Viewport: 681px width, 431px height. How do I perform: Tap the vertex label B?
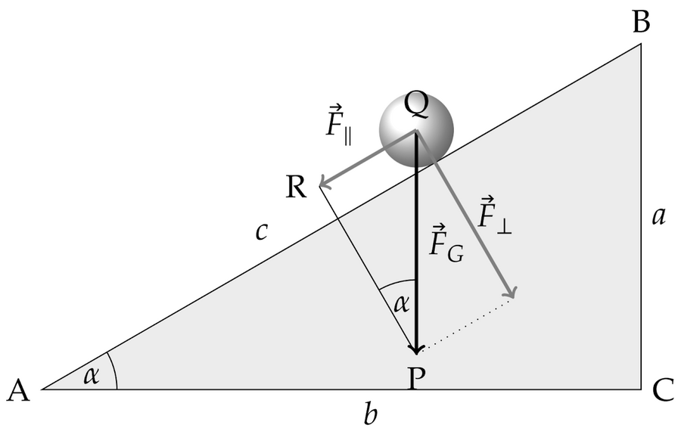pos(641,23)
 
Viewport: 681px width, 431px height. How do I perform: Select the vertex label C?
pos(662,390)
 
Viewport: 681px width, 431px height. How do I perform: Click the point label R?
pos(296,186)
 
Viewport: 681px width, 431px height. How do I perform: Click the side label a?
pos(658,218)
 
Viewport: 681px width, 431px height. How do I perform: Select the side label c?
pos(261,231)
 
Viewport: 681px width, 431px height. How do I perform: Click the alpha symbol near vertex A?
pos(92,376)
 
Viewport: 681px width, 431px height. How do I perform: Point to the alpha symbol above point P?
pos(400,304)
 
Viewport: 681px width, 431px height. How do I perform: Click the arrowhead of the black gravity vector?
pos(416,348)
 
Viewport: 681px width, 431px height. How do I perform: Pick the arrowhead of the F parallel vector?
pos(324,182)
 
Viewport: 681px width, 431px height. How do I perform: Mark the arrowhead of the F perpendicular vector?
pos(512,293)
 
